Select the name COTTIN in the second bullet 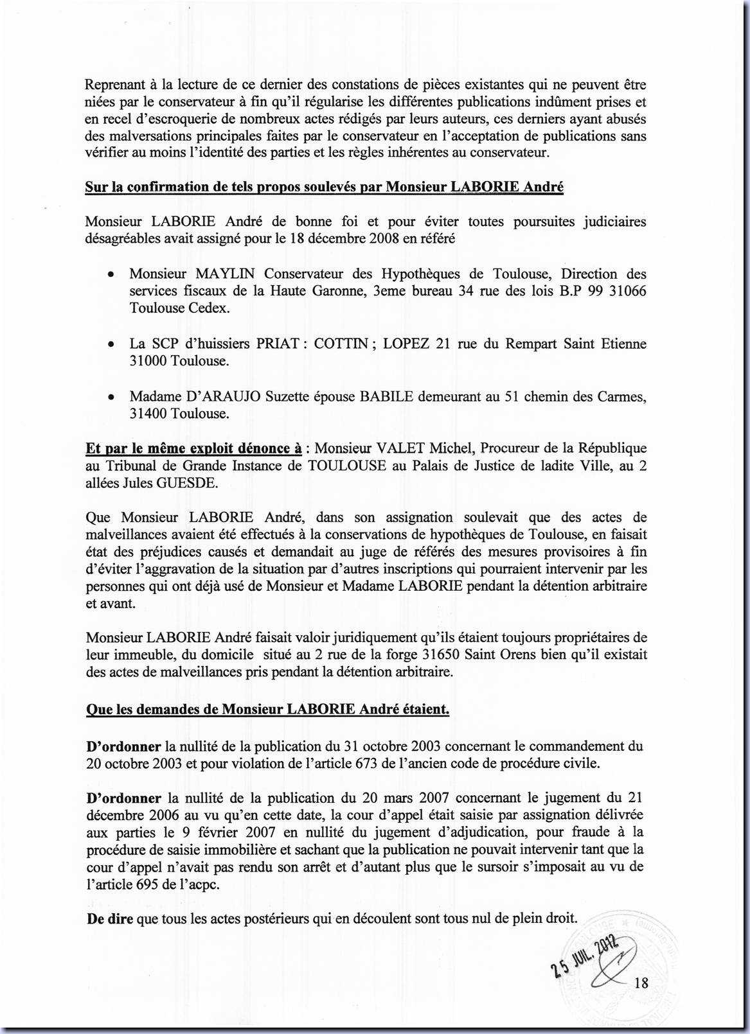click(340, 344)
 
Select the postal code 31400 click(148, 414)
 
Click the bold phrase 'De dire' click(110, 918)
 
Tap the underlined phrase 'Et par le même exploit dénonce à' click(193, 448)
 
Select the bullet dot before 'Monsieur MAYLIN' click(111, 274)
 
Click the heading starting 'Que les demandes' click(267, 710)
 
